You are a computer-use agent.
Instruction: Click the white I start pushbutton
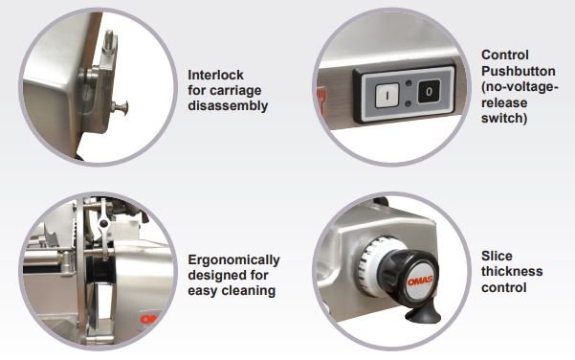[x=387, y=95]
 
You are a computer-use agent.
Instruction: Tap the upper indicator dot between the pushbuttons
[x=409, y=83]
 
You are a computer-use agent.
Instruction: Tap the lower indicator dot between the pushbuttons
[x=409, y=104]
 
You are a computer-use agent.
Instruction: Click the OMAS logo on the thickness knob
[x=420, y=281]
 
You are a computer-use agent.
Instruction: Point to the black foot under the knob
[x=423, y=314]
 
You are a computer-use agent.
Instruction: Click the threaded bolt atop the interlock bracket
[x=109, y=42]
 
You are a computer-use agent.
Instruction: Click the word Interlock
[x=215, y=75]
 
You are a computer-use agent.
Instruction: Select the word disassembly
[x=228, y=105]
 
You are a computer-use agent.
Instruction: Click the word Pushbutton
[x=519, y=71]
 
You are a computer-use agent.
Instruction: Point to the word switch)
[x=504, y=118]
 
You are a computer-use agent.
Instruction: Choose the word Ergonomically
[x=233, y=259]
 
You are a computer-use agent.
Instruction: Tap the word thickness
[x=512, y=271]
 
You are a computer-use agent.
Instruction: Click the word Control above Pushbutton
[x=504, y=55]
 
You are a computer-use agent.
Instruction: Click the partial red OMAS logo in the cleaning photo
[x=149, y=319]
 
